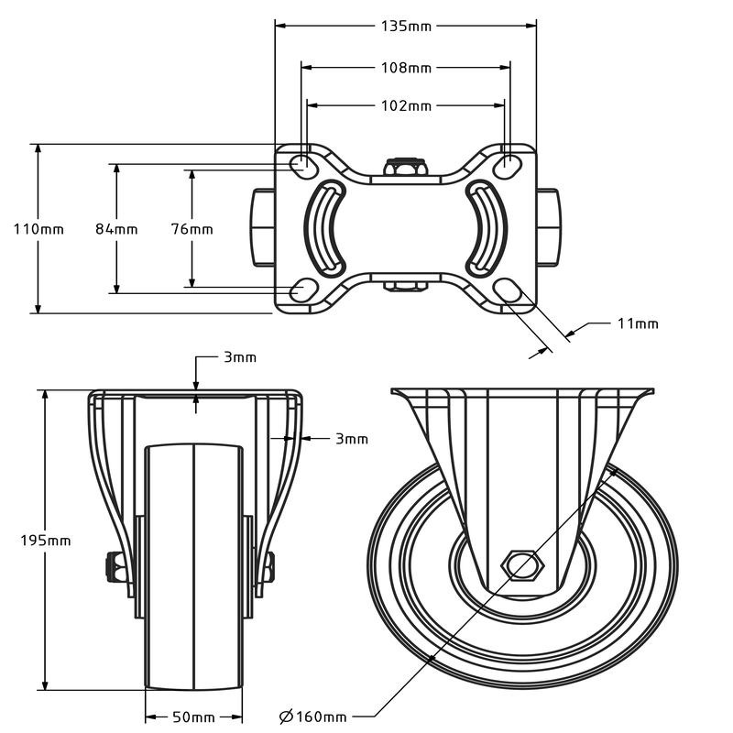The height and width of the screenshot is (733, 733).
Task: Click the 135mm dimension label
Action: point(406,26)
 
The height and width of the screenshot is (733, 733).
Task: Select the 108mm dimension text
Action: point(406,67)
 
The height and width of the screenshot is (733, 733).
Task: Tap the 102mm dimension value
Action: point(406,105)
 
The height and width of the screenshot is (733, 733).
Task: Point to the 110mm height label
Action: point(38,229)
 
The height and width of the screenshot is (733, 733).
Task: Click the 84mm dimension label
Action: point(116,229)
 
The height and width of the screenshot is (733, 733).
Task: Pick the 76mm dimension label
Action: point(191,229)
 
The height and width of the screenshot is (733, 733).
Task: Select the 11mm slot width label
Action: point(637,323)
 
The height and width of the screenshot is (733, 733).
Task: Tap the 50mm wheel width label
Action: point(193,716)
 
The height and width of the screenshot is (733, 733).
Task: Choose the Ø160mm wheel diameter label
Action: point(312,716)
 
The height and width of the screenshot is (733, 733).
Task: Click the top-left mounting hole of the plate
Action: point(300,164)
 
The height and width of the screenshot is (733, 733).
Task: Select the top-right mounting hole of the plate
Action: point(511,164)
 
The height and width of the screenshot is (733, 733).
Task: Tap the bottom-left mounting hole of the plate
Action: point(300,291)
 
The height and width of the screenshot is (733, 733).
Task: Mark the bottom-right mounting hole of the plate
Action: point(509,291)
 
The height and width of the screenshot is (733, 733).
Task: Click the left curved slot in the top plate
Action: point(326,227)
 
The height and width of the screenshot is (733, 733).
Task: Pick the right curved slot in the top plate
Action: point(486,227)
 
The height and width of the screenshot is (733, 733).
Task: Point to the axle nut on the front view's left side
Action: point(118,567)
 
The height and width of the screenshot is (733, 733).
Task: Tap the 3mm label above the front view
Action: point(240,357)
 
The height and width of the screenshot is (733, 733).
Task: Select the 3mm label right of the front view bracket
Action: point(351,439)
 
